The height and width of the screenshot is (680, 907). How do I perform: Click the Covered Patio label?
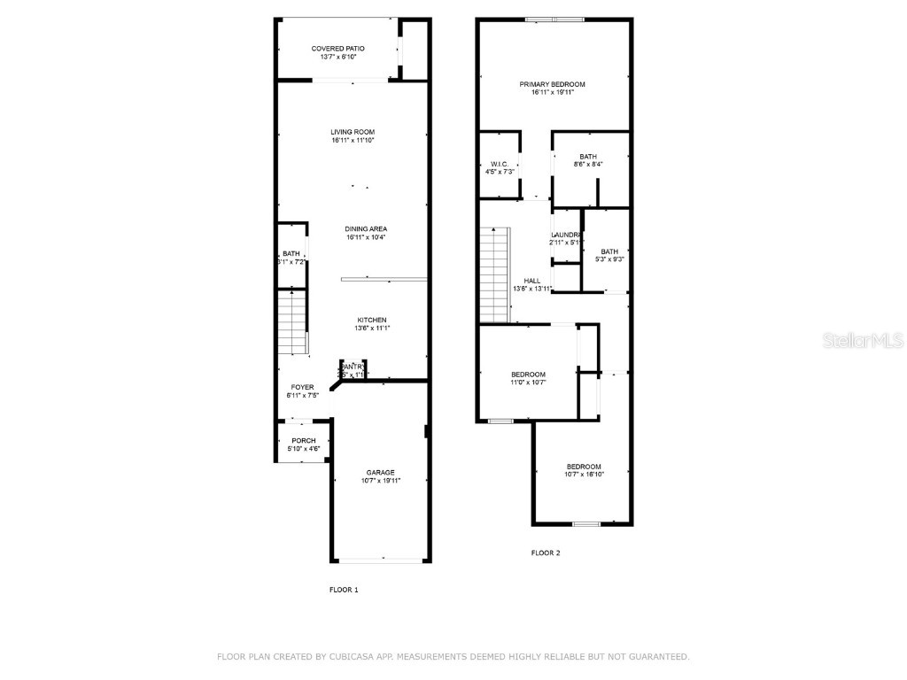337,49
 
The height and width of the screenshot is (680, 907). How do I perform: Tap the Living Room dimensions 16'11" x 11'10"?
353,140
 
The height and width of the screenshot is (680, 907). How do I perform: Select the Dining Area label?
365,228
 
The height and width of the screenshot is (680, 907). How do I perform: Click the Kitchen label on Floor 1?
371,320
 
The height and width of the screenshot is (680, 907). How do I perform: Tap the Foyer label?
302,388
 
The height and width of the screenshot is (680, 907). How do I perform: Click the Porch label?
304,441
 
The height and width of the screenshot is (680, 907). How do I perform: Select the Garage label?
381,472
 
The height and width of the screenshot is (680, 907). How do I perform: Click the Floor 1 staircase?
293,323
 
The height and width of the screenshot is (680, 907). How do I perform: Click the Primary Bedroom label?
552,84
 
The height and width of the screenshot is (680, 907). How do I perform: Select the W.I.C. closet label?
500,164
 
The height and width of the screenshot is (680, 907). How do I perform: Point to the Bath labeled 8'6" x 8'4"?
588,157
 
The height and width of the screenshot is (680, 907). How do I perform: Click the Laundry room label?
565,235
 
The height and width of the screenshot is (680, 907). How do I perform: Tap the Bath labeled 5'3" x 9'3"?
609,251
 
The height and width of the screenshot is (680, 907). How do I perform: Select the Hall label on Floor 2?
531,281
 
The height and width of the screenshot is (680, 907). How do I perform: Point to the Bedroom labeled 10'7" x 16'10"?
584,467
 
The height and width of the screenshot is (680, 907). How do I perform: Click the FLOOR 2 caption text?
546,552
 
